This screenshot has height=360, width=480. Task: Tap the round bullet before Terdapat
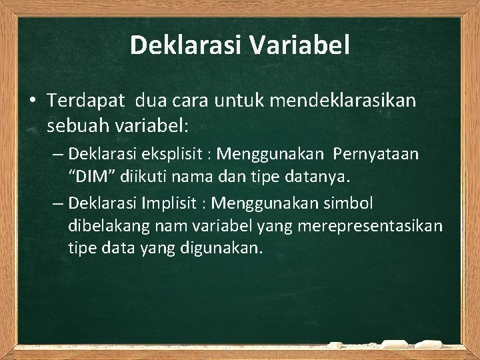point(33,101)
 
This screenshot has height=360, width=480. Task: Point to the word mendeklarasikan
point(339,101)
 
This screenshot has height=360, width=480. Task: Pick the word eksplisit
point(167,155)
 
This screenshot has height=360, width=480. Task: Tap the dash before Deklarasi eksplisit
point(58,155)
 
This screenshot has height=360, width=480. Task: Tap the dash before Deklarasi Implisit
point(58,202)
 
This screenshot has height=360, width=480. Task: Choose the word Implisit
point(167,202)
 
